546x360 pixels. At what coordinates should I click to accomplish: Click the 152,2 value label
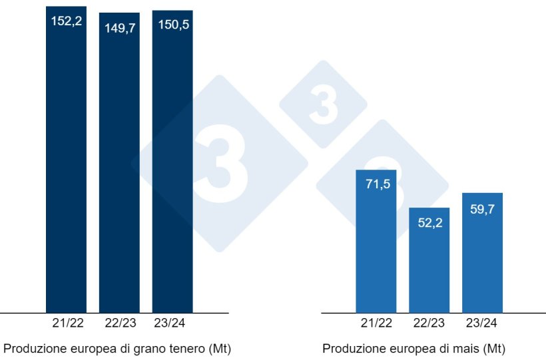66,21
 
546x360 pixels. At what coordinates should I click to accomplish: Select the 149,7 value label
119,27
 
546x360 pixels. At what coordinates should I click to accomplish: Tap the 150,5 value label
172,25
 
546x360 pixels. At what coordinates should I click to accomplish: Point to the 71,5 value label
376,184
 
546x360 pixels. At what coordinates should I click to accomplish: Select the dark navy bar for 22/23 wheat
119,166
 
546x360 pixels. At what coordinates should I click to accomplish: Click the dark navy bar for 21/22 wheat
66,166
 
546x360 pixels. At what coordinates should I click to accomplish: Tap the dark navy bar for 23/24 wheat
172,166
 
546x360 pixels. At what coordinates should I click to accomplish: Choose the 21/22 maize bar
376,246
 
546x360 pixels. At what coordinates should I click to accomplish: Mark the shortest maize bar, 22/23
429,266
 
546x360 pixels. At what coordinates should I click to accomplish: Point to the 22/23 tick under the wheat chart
119,323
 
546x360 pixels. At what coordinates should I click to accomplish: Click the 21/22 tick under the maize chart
376,323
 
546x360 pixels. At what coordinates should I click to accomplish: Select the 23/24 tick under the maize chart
483,323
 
